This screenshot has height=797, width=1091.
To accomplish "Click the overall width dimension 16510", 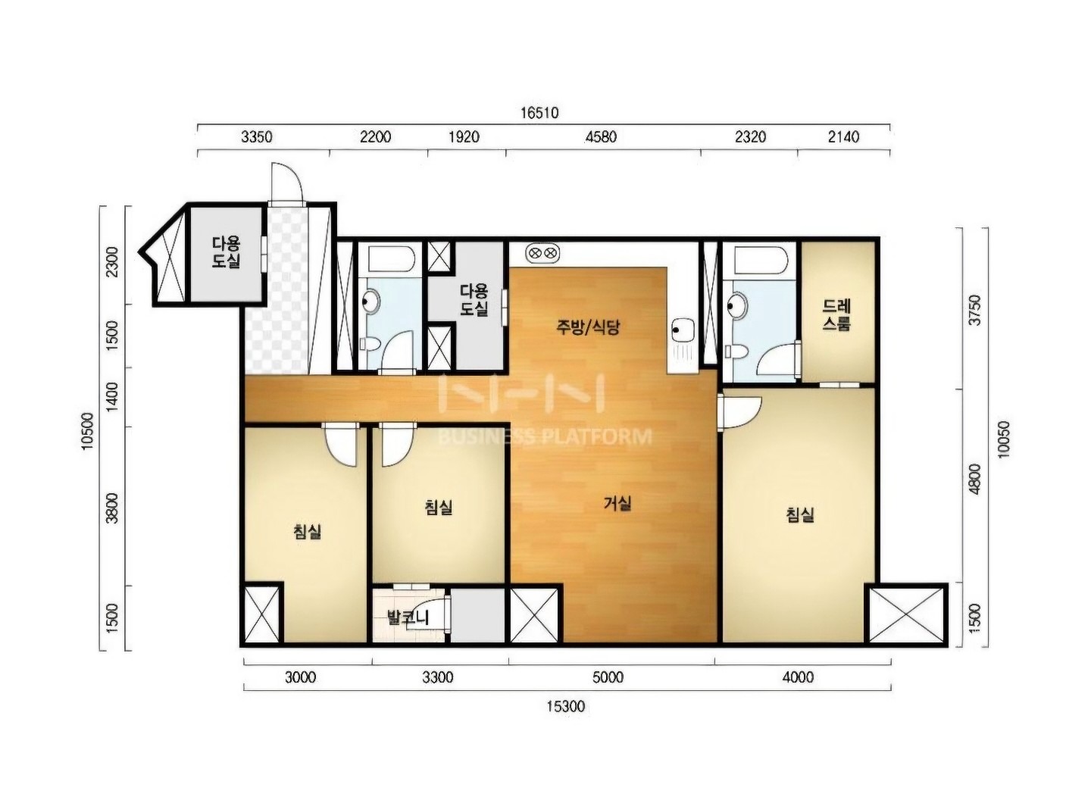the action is [539, 113].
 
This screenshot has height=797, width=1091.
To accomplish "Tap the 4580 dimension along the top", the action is [601, 137].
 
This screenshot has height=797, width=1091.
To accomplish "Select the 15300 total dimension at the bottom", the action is [565, 706].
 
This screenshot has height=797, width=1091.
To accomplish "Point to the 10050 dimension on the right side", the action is [1003, 439].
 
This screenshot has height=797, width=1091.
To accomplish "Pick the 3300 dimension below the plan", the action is [438, 677].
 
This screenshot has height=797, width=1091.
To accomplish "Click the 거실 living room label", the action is [617, 503].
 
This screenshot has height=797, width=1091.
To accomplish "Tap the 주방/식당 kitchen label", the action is [588, 327].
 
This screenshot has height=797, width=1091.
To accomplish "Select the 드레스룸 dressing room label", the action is [836, 314].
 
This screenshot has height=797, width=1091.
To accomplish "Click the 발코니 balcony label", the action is [408, 617].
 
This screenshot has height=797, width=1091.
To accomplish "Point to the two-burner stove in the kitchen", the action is [542, 253].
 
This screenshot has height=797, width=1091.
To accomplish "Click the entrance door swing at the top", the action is [287, 183].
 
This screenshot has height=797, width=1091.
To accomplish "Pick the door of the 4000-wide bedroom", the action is [740, 412].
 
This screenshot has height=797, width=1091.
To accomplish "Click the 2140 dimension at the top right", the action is [843, 137].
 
